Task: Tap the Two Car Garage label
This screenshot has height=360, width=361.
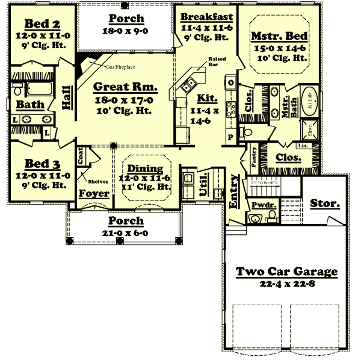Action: click(x=286, y=272)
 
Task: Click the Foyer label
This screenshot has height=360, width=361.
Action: click(x=94, y=193)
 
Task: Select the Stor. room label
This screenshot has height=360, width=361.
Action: click(x=324, y=203)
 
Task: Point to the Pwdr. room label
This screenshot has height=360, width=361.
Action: click(x=264, y=205)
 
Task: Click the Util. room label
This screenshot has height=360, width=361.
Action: click(x=203, y=188)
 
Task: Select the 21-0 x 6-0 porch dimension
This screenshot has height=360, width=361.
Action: click(x=126, y=232)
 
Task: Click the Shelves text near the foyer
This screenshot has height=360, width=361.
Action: click(x=97, y=181)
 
